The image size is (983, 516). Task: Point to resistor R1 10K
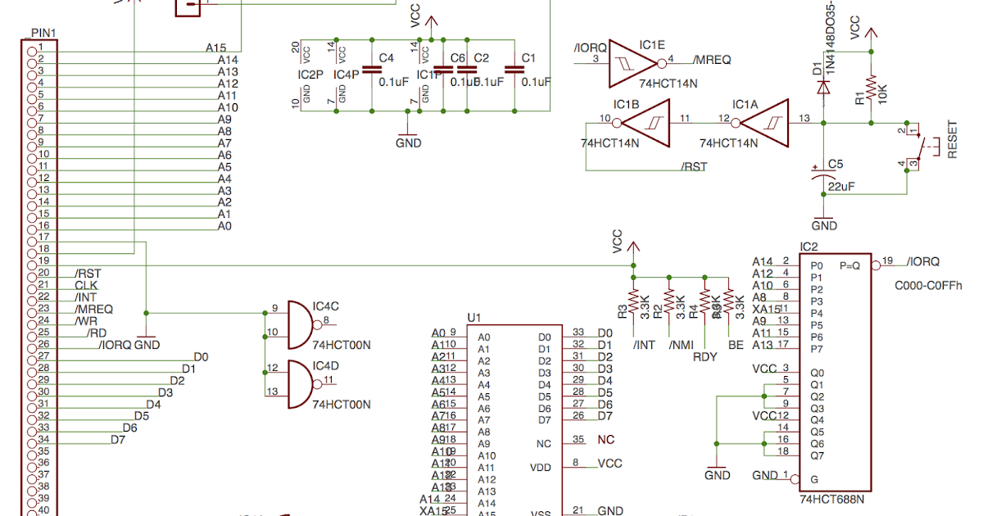871,86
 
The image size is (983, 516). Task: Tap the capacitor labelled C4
372,70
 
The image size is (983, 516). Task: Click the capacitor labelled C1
514,70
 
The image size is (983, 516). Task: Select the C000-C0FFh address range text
929,285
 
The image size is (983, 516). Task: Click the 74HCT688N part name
831,498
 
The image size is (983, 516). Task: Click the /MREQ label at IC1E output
712,60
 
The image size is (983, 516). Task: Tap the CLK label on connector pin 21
86,285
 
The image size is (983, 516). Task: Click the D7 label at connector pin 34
118,440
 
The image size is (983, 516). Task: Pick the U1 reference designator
473,317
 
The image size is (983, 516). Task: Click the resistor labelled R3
632,300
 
